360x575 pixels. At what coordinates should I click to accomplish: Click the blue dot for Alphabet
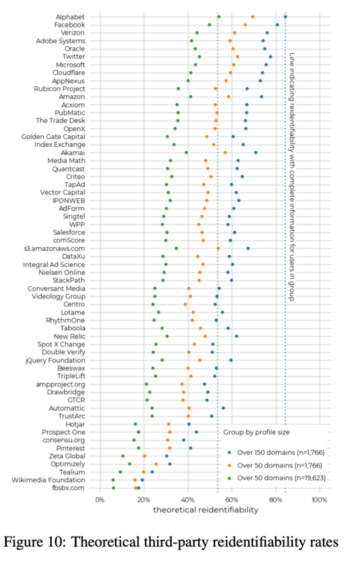pyautogui.click(x=285, y=17)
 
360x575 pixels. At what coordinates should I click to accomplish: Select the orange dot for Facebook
pyautogui.click(x=245, y=25)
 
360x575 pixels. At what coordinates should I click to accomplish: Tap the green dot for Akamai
pyautogui.click(x=187, y=153)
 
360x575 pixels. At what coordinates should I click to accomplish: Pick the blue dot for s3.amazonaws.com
pyautogui.click(x=248, y=248)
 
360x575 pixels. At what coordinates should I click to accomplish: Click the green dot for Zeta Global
pyautogui.click(x=123, y=456)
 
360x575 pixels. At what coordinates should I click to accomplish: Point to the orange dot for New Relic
pyautogui.click(x=205, y=336)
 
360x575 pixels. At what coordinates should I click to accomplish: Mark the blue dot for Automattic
pyautogui.click(x=223, y=408)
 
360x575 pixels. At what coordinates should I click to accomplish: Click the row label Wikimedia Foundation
pyautogui.click(x=48, y=480)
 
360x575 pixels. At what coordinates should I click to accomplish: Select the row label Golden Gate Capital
pyautogui.click(x=53, y=137)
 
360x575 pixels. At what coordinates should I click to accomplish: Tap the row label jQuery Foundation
pyautogui.click(x=55, y=360)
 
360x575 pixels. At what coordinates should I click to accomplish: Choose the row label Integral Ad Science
pyautogui.click(x=54, y=265)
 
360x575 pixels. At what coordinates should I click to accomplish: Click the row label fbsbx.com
pyautogui.click(x=68, y=488)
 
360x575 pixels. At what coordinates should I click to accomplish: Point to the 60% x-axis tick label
pyautogui.click(x=232, y=500)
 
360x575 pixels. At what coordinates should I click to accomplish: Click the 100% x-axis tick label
pyautogui.click(x=320, y=500)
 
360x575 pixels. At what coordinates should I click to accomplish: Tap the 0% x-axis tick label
pyautogui.click(x=100, y=500)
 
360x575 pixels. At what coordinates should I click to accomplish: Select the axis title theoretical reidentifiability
pyautogui.click(x=205, y=510)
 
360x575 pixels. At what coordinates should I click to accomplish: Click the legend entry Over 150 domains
pyautogui.click(x=276, y=452)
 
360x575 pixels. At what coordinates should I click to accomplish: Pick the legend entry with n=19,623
pyautogui.click(x=277, y=478)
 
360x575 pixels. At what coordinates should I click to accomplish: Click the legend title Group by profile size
pyautogui.click(x=256, y=432)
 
